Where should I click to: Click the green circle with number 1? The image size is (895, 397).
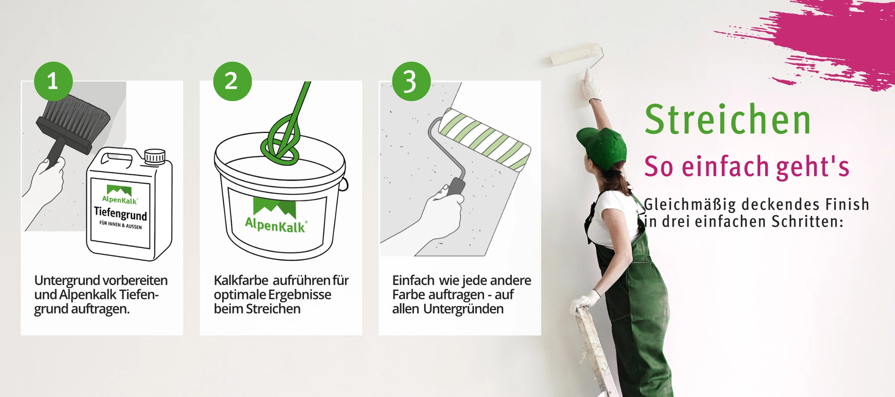(53, 81)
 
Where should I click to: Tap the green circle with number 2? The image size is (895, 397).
(232, 81)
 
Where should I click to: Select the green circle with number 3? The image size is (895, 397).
(411, 81)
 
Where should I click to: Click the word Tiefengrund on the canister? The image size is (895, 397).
(120, 213)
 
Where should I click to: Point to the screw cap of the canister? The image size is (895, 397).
(155, 156)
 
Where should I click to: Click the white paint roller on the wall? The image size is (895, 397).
(575, 55)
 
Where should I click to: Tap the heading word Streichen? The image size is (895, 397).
(728, 119)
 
